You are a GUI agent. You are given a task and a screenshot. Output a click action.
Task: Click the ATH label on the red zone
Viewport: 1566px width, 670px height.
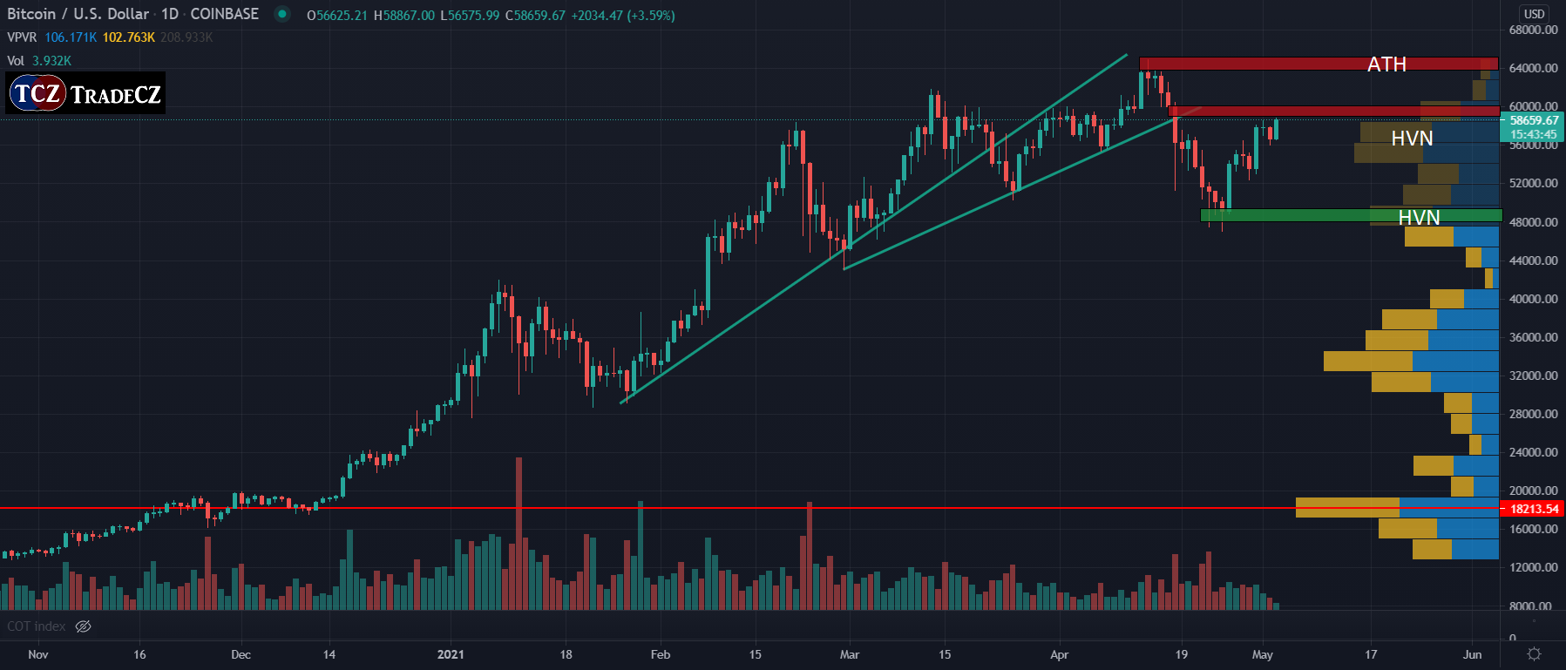(x=1386, y=64)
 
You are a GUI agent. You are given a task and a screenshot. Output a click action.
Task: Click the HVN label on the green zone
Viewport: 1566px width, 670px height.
(x=1419, y=217)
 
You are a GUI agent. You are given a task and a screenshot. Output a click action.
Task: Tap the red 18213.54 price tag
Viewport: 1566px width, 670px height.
(x=1533, y=509)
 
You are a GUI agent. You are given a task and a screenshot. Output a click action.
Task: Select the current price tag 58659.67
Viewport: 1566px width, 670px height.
(x=1533, y=121)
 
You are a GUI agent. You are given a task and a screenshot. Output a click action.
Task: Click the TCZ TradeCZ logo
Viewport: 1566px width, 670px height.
(x=86, y=93)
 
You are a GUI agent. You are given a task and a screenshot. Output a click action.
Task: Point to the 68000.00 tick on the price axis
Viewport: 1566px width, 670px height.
(x=1533, y=30)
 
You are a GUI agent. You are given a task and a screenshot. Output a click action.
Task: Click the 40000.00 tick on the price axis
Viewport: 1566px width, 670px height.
(x=1533, y=299)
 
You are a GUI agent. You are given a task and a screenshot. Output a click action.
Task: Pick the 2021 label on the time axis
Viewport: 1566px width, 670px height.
(x=451, y=654)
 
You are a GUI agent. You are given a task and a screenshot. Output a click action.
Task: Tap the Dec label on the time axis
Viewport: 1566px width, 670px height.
(x=241, y=654)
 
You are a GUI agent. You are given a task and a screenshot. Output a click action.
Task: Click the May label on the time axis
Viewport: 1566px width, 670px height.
(x=1262, y=654)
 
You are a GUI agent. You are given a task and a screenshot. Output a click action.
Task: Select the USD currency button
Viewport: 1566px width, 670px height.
(x=1534, y=14)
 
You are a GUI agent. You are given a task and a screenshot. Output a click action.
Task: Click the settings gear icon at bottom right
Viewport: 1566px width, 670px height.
(x=1534, y=653)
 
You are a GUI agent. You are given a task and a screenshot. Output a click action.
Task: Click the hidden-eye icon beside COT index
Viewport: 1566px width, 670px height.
(x=84, y=626)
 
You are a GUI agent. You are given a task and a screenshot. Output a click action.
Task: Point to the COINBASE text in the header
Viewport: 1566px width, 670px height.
(x=224, y=14)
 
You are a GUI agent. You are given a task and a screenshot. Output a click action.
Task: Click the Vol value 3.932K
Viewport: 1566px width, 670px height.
(x=52, y=61)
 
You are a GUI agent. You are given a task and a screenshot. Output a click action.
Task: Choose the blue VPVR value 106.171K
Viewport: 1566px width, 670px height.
(x=71, y=37)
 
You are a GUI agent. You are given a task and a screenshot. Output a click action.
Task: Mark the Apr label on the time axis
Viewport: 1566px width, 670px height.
(x=1059, y=654)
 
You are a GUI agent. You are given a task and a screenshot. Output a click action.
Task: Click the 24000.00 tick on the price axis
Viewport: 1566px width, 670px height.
(x=1533, y=452)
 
